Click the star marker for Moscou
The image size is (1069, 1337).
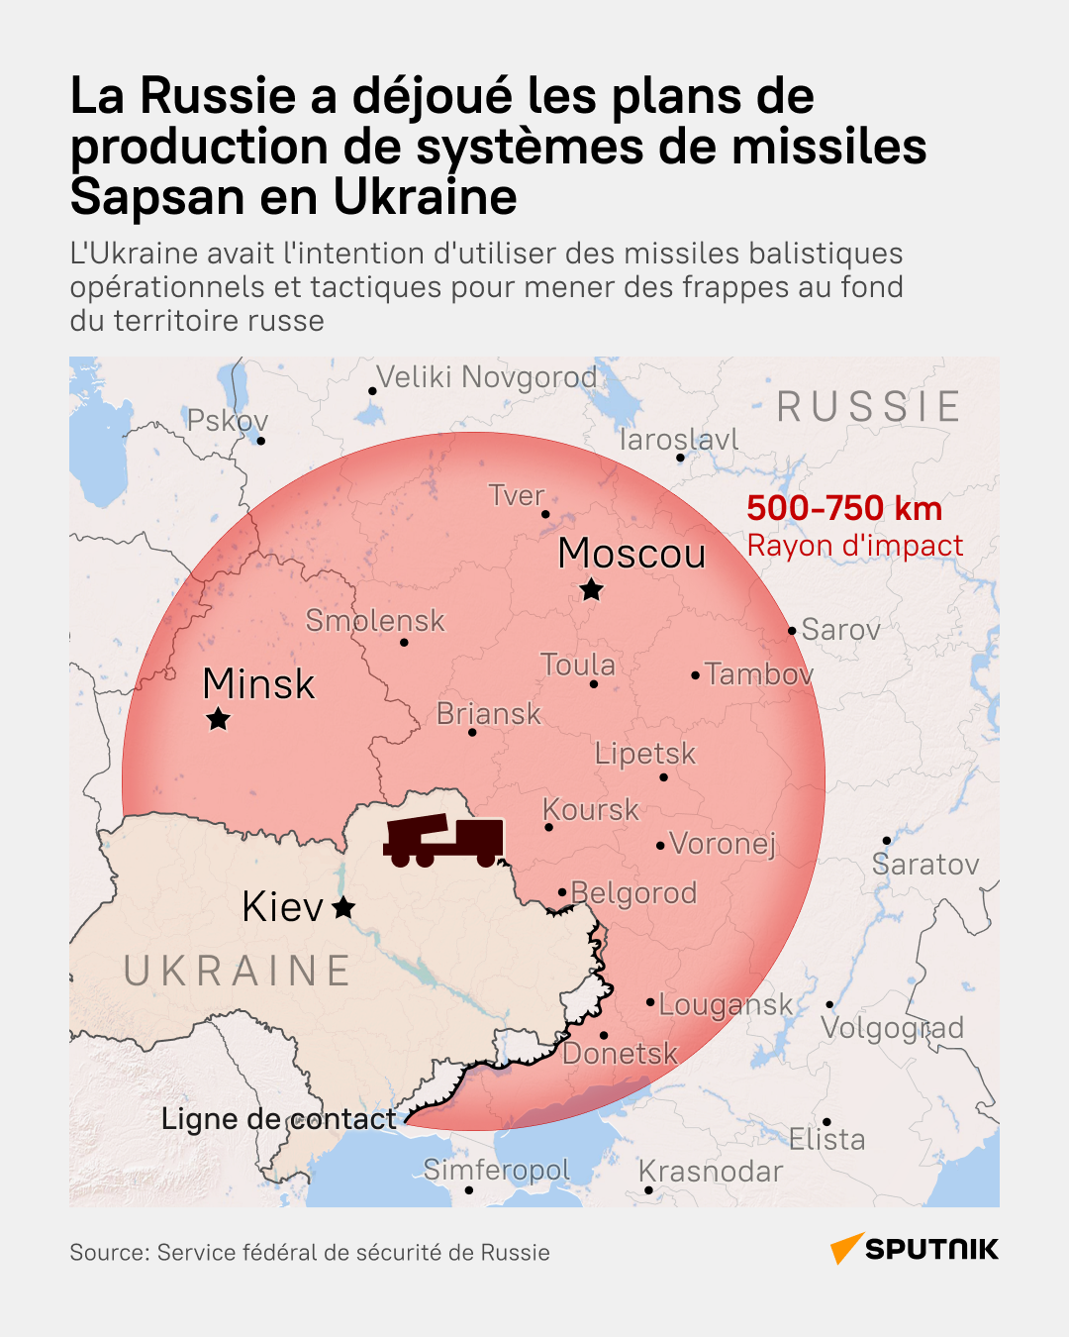[591, 590]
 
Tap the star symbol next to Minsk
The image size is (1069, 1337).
[218, 719]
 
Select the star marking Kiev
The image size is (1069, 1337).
[343, 907]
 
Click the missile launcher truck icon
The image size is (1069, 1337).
[444, 841]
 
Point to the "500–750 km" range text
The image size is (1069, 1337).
[844, 508]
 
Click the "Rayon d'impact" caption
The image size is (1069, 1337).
[855, 546]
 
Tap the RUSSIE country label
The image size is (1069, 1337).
[868, 407]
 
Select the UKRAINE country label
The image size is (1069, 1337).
[238, 972]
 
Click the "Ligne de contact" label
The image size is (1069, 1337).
[278, 1119]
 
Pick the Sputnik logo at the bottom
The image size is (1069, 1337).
[915, 1249]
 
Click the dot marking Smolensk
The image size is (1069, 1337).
[404, 643]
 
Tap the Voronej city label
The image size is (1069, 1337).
[723, 844]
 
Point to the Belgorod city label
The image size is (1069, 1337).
[634, 893]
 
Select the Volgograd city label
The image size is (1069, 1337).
[893, 1028]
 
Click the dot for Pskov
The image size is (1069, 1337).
[260, 441]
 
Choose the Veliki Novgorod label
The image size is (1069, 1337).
[487, 377]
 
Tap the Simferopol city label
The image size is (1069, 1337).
[497, 1170]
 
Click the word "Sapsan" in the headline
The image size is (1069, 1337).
[157, 196]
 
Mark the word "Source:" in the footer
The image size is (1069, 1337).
[109, 1253]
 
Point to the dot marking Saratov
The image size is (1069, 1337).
[886, 841]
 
